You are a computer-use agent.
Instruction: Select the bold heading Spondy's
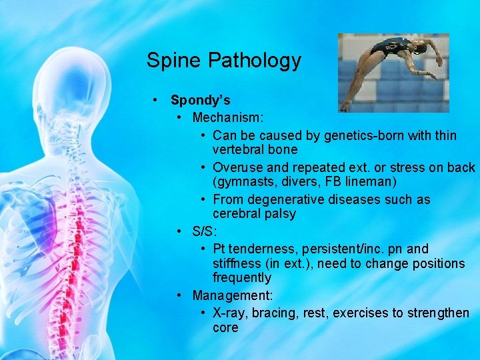pos(201,100)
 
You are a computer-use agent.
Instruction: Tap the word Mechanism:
pos(228,118)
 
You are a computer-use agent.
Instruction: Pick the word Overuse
pos(236,167)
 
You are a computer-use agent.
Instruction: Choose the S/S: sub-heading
pos(205,231)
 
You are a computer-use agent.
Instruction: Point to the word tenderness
pos(264,249)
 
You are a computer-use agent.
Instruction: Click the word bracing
pos(275,313)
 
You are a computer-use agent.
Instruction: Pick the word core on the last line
pos(225,327)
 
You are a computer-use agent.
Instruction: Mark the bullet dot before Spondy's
pos(155,100)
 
